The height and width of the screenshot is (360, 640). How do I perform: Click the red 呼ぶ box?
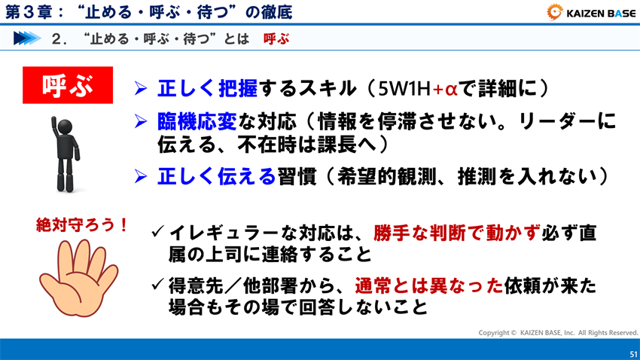68,85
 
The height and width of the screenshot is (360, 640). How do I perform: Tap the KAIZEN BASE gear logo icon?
554,11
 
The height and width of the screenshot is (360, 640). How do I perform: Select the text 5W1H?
405,89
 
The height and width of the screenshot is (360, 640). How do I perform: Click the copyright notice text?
558,332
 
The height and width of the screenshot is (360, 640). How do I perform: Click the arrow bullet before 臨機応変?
140,121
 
